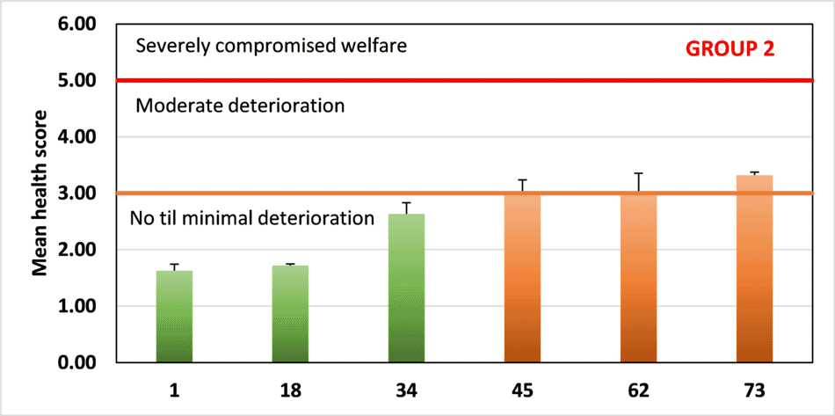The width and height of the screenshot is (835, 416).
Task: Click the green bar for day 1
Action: pos(174,317)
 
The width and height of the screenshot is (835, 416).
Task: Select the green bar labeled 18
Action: pos(290,314)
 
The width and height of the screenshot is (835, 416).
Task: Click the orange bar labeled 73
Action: pos(754,269)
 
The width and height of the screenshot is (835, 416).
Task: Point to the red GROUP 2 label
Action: pos(730,49)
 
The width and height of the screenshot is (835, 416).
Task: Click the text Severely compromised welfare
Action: pos(272,45)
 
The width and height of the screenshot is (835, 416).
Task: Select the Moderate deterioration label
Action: pos(239,106)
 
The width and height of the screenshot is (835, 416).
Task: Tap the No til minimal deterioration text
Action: pos(252,217)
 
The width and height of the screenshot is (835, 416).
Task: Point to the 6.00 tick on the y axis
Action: pos(76,25)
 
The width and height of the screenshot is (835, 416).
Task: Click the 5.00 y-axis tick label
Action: pos(76,81)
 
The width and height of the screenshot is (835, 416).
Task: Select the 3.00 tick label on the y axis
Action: pos(76,193)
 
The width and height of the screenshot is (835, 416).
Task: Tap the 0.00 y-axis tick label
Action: pos(76,362)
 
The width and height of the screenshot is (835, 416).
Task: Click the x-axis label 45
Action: pos(522,389)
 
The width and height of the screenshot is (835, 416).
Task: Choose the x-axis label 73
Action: pos(754,389)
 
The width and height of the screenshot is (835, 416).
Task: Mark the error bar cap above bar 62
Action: pos(638,173)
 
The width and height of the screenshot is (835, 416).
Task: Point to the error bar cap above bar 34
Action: pos(406,202)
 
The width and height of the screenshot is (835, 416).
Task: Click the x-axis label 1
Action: pos(174,389)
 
